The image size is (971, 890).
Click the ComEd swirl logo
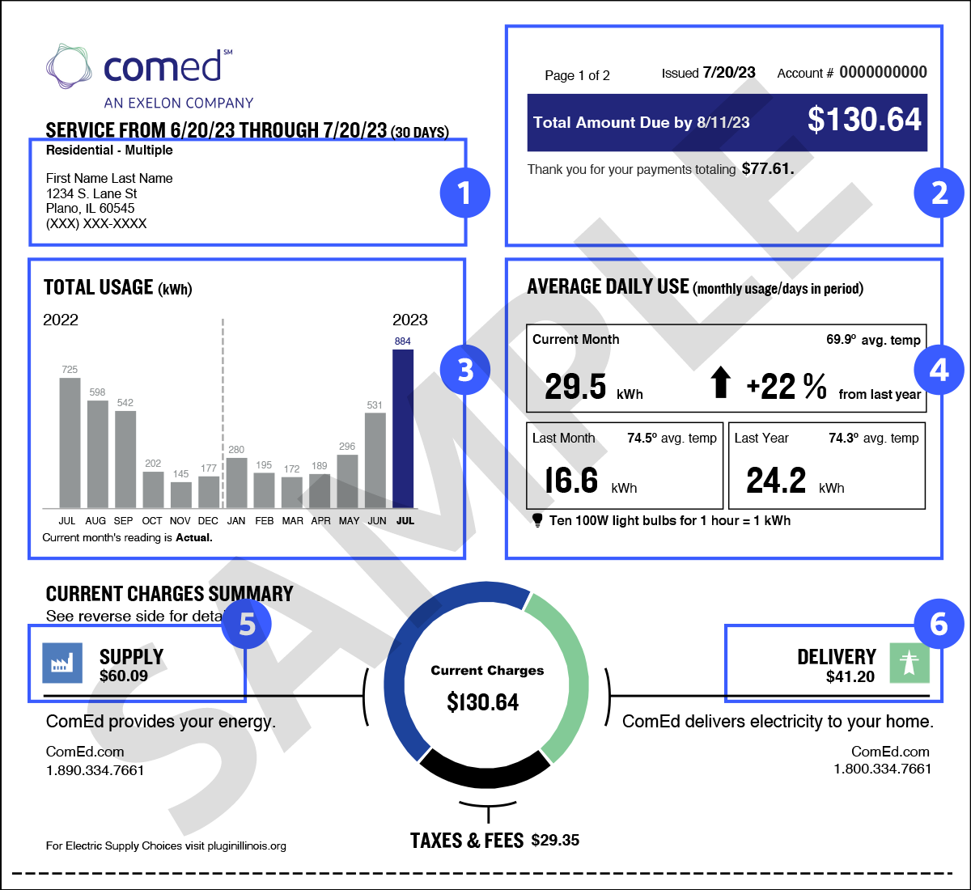coord(70,66)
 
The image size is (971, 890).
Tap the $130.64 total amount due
coord(864,120)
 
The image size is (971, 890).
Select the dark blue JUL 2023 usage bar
coord(403,429)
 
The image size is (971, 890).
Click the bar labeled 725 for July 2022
coord(70,443)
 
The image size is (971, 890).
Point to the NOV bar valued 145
coord(180,495)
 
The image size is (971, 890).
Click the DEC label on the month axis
coord(208,521)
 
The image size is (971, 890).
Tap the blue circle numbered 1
coord(464,193)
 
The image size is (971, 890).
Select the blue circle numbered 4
coord(939,370)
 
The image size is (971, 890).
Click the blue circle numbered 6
coord(939,624)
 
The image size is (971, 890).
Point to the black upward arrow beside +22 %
coord(720,382)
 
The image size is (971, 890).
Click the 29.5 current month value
coord(575,387)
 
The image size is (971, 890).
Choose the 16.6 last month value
coord(571,481)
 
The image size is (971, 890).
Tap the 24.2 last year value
coord(776,481)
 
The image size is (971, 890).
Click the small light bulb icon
coord(537,519)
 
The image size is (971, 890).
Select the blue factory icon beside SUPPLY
coord(62,663)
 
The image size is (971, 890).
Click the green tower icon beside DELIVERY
coord(910,663)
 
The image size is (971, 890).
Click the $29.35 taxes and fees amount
coord(555,841)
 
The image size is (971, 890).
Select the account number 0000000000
coord(883,72)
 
